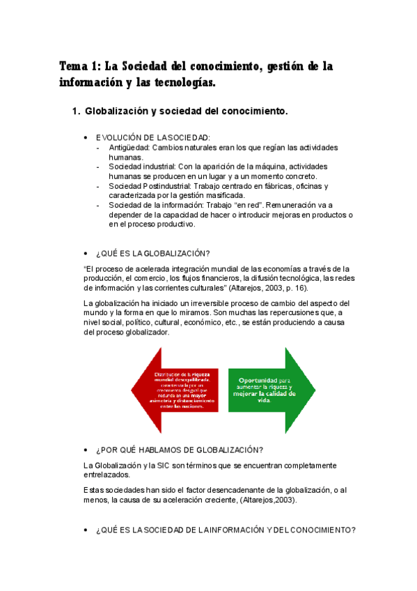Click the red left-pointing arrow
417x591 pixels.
point(174,391)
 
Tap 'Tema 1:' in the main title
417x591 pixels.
point(80,67)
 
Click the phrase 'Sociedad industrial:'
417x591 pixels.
point(142,167)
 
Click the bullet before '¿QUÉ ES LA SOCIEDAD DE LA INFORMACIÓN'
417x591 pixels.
point(85,530)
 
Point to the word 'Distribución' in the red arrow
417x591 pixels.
point(170,375)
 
